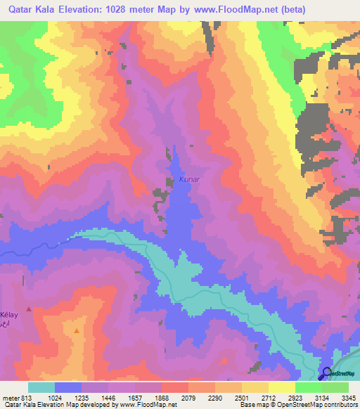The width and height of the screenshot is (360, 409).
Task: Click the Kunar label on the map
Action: (190, 180)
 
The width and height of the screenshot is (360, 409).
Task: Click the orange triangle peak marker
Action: (76, 328)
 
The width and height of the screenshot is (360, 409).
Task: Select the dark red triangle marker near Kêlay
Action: (29, 309)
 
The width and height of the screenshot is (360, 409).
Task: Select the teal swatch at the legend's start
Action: (41, 388)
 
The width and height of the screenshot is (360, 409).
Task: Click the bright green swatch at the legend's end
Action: (335, 388)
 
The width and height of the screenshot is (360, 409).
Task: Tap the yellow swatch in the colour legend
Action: (282, 388)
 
